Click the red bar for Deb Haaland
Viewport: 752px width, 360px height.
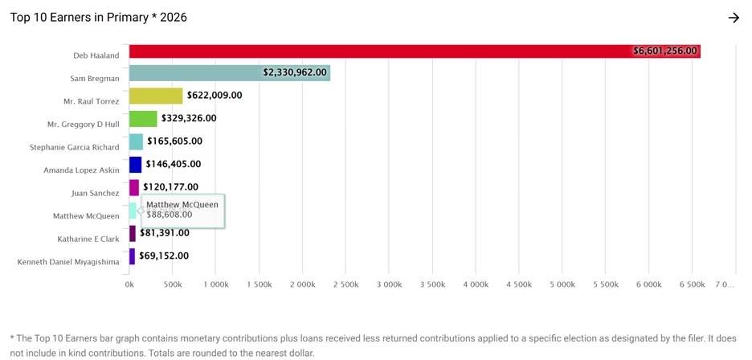[378, 51]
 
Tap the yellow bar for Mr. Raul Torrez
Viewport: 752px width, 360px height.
[156, 96]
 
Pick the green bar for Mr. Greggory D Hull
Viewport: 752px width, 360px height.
[143, 119]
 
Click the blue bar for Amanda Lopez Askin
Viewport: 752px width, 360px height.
[135, 165]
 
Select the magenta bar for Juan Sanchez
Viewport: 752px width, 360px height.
[133, 187]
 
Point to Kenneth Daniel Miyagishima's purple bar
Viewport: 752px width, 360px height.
[132, 256]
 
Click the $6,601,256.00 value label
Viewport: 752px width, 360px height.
[665, 51]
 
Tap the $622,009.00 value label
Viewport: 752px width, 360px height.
[215, 96]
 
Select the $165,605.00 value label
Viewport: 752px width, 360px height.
[174, 141]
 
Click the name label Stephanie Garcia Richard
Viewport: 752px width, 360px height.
[75, 148]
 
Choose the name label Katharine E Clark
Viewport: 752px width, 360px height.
[88, 239]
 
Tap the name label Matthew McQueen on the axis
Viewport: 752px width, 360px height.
[86, 216]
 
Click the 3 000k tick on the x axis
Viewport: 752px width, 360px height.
[389, 284]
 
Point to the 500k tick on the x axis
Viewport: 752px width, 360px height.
[172, 284]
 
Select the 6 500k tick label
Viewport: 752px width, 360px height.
[692, 284]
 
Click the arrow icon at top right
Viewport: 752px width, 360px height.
[734, 18]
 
